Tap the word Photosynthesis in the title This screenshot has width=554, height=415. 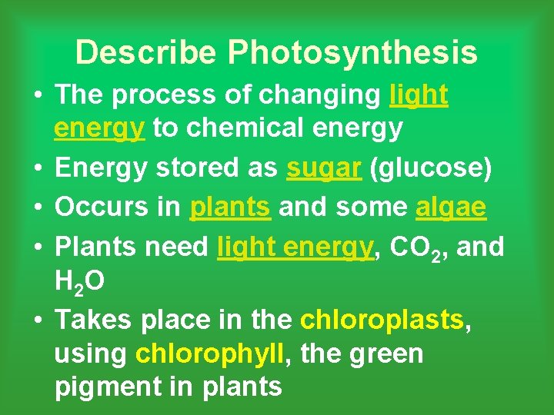point(352,53)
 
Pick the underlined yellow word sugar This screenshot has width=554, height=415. point(323,168)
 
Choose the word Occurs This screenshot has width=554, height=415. point(98,207)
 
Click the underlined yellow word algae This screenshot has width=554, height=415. point(451,207)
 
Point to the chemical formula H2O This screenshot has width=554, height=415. point(80,283)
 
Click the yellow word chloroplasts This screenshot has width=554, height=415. point(382,319)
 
